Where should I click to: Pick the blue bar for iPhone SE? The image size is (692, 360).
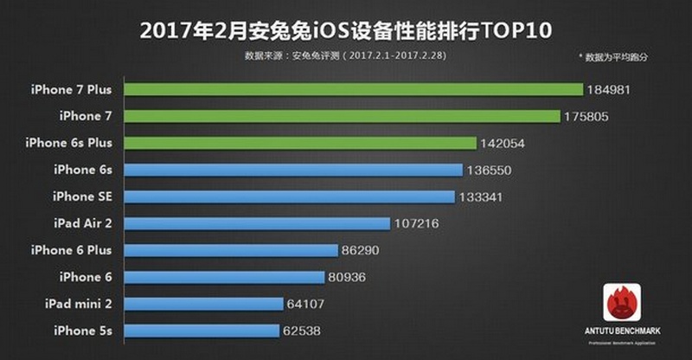click(x=291, y=196)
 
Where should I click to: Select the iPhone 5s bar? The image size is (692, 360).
click(x=202, y=331)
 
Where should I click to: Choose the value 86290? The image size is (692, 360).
click(x=362, y=250)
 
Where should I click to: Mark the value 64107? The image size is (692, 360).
click(x=309, y=304)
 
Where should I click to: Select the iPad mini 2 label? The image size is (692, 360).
click(x=83, y=304)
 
